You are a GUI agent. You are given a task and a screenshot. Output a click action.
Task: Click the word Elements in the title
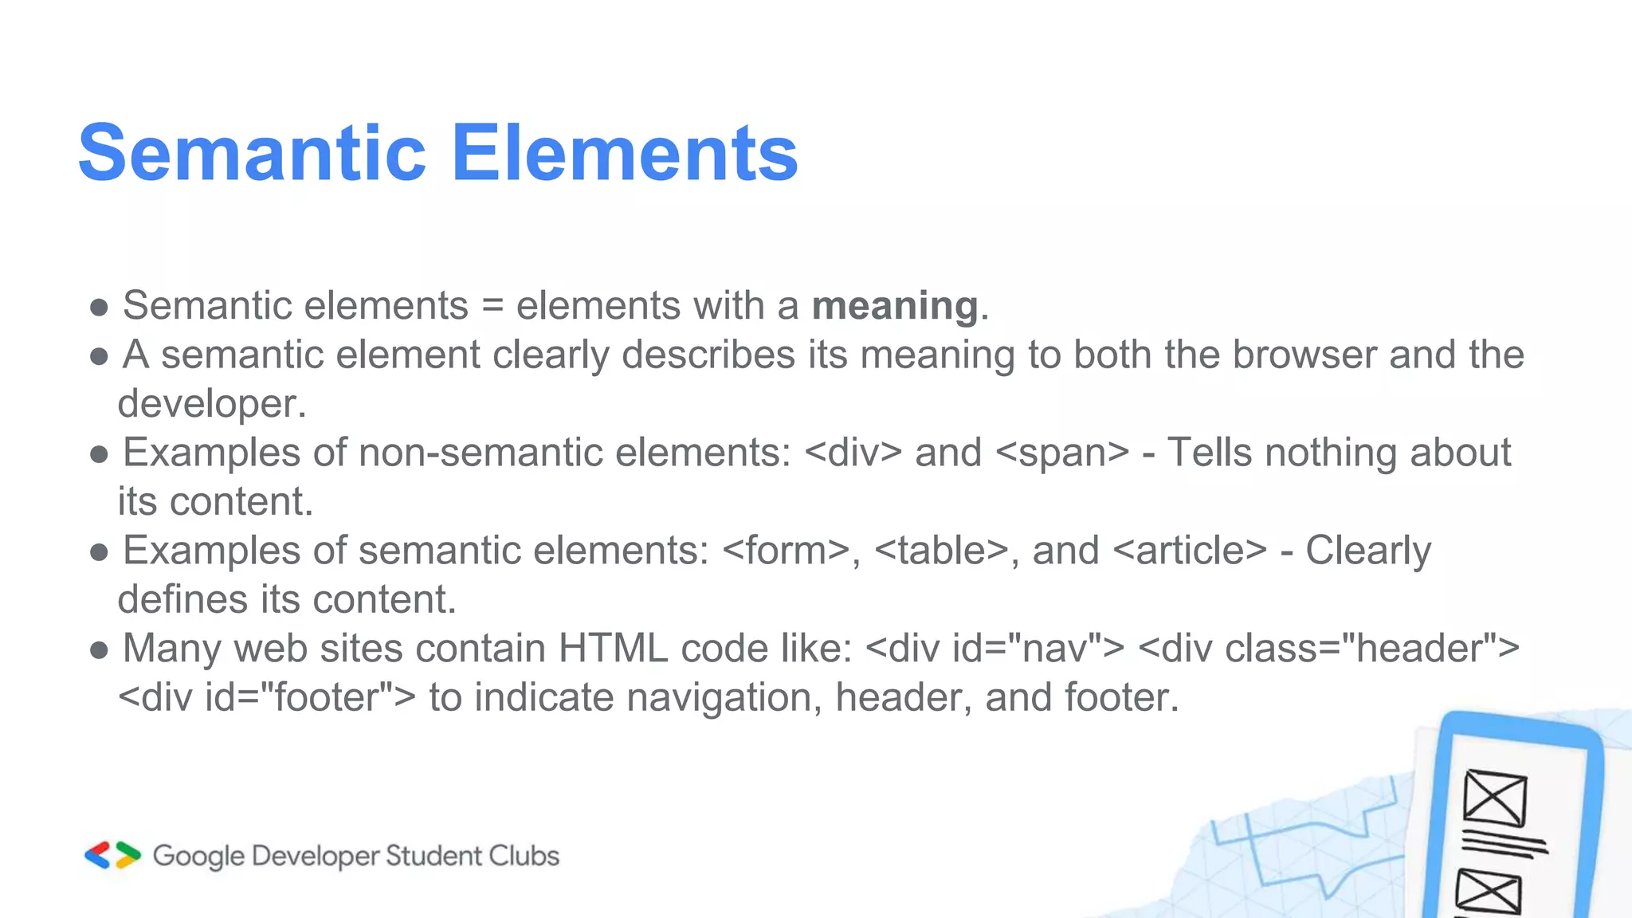(625, 153)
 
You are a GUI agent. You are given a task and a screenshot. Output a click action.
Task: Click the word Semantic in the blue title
(253, 153)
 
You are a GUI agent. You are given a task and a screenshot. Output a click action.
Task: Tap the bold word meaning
(895, 306)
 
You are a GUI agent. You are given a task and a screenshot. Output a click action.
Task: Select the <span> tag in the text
(1062, 453)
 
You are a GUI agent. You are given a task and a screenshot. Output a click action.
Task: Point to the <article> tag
(1190, 551)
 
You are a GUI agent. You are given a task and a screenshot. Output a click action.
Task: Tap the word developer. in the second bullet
(212, 404)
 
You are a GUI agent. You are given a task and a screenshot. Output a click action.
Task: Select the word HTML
(613, 649)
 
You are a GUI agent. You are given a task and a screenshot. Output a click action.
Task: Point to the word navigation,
(724, 697)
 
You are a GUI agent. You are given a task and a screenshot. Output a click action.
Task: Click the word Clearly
(1367, 551)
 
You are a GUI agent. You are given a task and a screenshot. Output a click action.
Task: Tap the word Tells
(1210, 453)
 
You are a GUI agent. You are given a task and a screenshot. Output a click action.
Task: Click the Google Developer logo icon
(112, 855)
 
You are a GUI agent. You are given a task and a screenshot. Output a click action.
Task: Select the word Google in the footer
(198, 857)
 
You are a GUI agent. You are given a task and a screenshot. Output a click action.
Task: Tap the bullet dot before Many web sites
(99, 650)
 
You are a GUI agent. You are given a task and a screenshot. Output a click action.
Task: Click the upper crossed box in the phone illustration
(1495, 798)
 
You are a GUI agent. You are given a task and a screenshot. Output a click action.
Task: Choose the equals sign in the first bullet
(492, 307)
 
